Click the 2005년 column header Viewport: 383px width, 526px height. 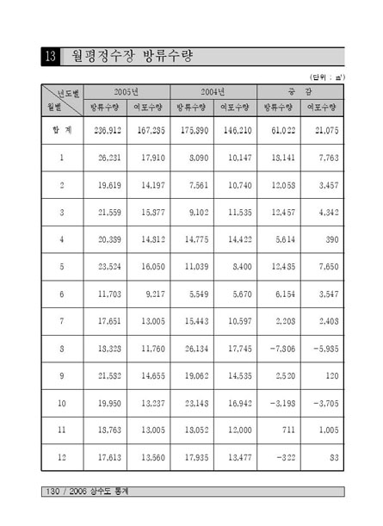click(127, 91)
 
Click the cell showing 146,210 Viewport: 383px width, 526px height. click(233, 130)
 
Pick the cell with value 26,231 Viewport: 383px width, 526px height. click(108, 158)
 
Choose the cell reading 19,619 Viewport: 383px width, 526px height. click(108, 185)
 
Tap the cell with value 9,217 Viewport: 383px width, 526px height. click(151, 294)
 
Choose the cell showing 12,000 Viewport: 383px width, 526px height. click(233, 404)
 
